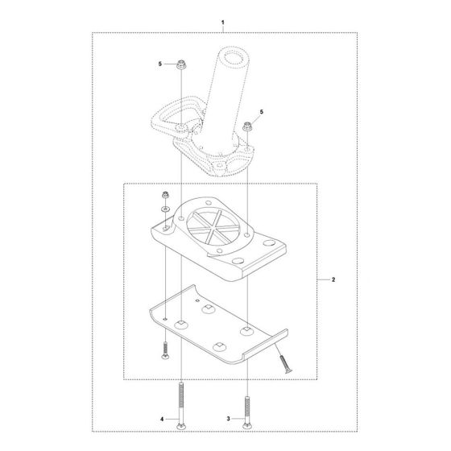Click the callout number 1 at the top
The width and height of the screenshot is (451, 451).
tap(225, 17)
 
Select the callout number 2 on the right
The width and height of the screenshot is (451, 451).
tap(333, 279)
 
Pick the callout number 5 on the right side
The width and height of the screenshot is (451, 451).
tap(261, 113)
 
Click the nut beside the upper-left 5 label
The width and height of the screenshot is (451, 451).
tap(182, 64)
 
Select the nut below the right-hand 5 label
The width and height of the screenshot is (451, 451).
tap(244, 126)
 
